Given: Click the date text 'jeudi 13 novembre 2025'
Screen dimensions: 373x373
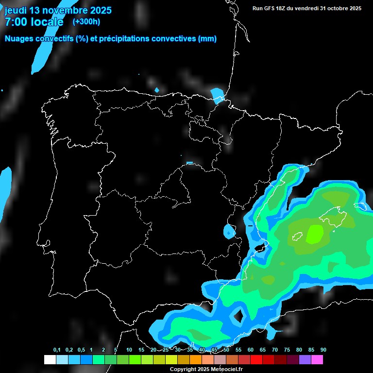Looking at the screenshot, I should pyautogui.click(x=58, y=10).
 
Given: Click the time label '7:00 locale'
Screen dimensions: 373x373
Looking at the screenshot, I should pyautogui.click(x=34, y=22).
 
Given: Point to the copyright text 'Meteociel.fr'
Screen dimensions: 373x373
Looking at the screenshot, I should pyautogui.click(x=223, y=370).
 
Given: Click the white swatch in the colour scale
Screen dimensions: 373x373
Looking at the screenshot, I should pyautogui.click(x=50, y=360).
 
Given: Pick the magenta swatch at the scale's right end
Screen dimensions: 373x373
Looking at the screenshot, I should pyautogui.click(x=317, y=360).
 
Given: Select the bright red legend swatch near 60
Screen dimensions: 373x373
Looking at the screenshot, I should pyautogui.click(x=256, y=360).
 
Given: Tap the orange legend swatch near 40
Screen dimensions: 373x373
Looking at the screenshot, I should pyautogui.click(x=196, y=360).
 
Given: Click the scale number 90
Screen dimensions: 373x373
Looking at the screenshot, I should pyautogui.click(x=323, y=350).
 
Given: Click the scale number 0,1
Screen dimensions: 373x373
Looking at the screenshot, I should pyautogui.click(x=57, y=350).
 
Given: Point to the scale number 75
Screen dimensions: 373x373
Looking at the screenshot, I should pyautogui.click(x=287, y=350).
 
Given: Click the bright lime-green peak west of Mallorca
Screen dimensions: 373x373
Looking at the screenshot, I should pyautogui.click(x=315, y=235).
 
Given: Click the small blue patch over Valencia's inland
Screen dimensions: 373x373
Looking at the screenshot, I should pyautogui.click(x=229, y=232).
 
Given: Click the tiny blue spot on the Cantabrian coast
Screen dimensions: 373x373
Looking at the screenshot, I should pyautogui.click(x=156, y=90).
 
